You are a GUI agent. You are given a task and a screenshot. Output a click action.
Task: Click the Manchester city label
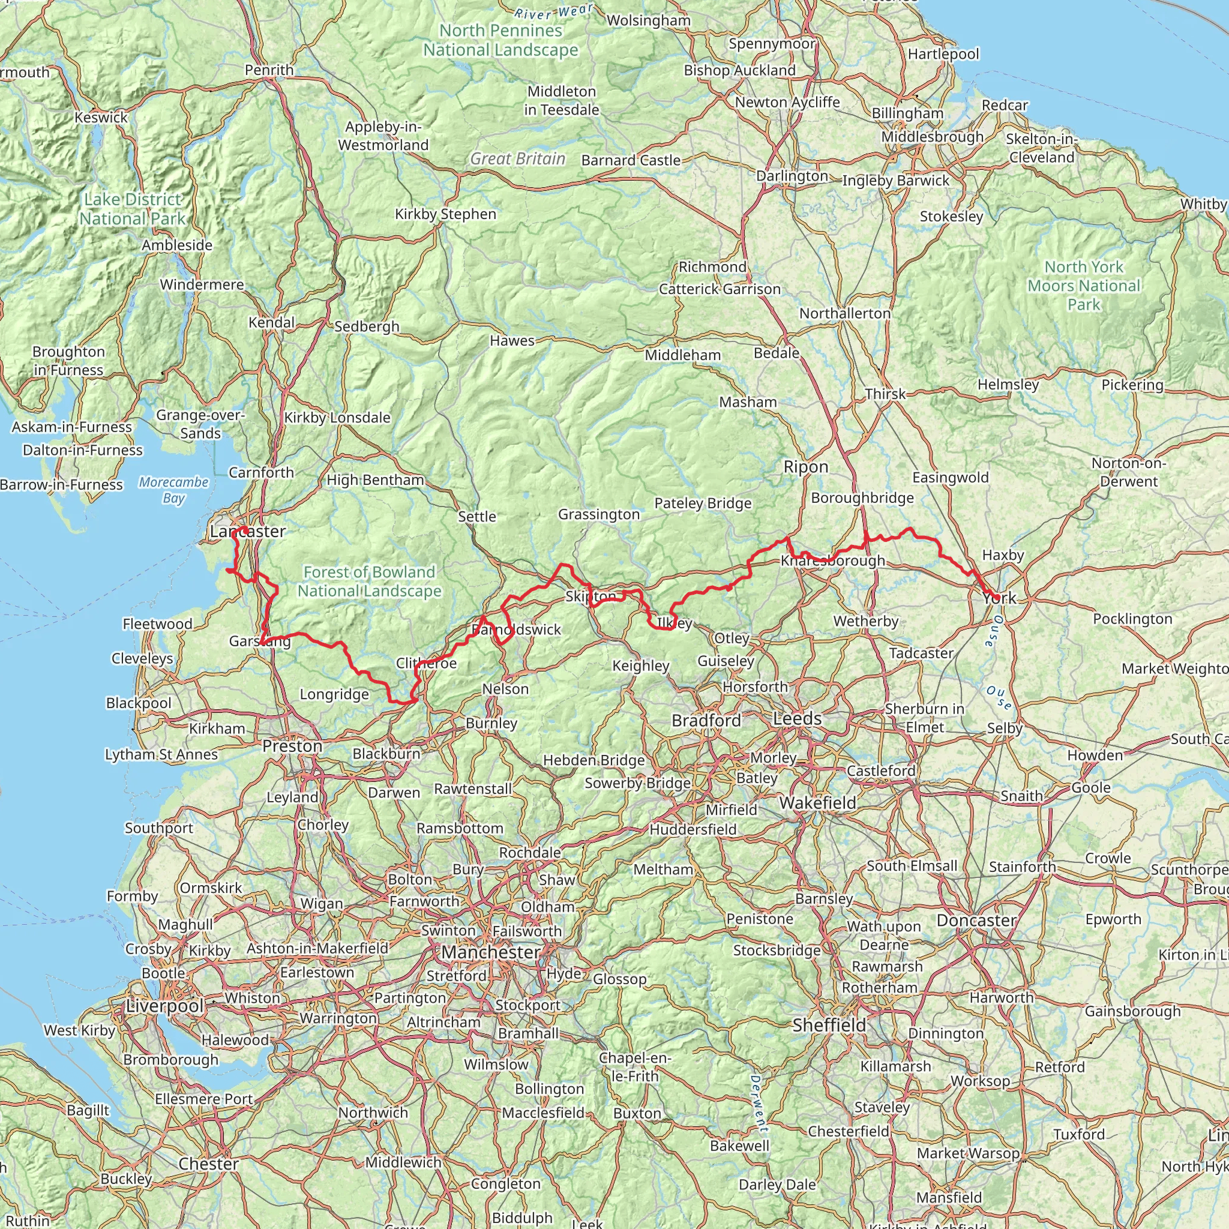[x=490, y=952]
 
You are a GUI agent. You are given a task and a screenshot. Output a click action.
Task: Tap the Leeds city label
[x=797, y=719]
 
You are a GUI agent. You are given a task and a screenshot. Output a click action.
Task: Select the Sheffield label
[x=829, y=1026]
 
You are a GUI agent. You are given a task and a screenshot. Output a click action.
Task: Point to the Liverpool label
[x=165, y=1006]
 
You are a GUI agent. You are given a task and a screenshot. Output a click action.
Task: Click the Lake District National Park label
[x=132, y=209]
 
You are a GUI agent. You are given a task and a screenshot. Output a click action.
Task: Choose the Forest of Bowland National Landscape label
[x=370, y=581]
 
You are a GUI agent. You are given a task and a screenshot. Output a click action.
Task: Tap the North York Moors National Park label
[x=1084, y=286]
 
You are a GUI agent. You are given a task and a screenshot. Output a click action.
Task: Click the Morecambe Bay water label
[x=173, y=490]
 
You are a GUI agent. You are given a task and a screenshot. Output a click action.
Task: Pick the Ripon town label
[x=805, y=467]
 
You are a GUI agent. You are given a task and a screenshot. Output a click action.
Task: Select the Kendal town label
[x=272, y=322]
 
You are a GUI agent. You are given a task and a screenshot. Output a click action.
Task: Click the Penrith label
[x=269, y=70]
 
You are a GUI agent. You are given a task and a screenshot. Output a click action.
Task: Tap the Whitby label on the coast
[x=1203, y=204]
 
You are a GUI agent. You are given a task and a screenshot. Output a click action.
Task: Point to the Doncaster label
[x=976, y=921]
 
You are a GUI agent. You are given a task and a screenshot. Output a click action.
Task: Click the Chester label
[x=209, y=1164]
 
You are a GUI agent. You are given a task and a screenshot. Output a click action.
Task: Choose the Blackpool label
[x=139, y=703]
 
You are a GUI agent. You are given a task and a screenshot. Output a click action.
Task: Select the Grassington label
[x=598, y=514]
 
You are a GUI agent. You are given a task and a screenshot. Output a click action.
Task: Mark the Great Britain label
[x=518, y=159]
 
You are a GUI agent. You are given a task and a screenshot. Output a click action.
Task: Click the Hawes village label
[x=512, y=341]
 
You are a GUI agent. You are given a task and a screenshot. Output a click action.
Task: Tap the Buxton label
[x=637, y=1113]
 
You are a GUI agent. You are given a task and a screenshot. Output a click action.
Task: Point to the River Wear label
[x=553, y=11]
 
